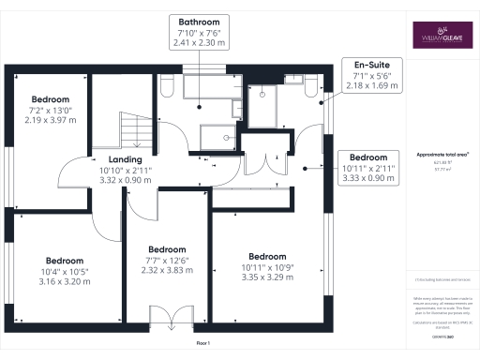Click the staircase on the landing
click(x=133, y=128)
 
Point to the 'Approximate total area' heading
click(x=442, y=154)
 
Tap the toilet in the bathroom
click(x=167, y=85)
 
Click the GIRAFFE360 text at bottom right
click(x=442, y=335)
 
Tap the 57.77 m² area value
click(x=442, y=169)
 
